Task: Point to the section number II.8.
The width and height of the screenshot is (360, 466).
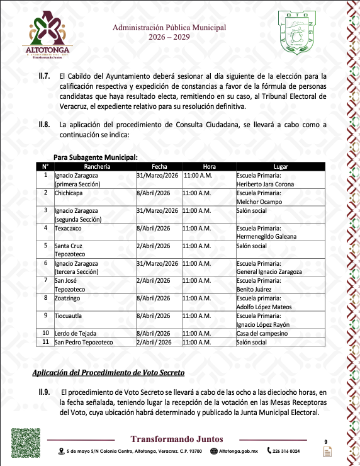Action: (45, 125)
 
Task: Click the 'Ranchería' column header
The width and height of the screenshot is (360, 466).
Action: (94, 166)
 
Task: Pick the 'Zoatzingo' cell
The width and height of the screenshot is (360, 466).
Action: (69, 298)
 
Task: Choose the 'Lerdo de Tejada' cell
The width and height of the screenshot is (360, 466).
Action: (76, 332)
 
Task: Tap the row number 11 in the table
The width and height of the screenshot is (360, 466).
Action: (45, 342)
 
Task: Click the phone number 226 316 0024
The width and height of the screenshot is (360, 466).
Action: (287, 451)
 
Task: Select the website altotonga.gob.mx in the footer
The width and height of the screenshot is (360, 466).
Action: (237, 451)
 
